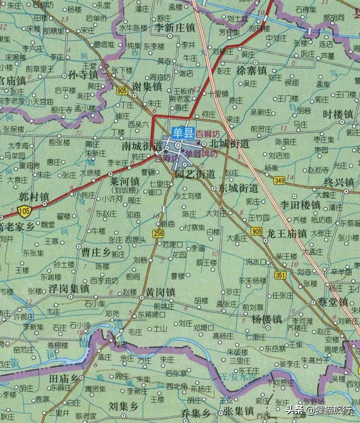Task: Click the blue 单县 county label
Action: (x=183, y=132)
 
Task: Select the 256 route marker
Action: (x=159, y=233)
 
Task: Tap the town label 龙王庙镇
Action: (x=287, y=234)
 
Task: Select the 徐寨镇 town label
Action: (x=251, y=70)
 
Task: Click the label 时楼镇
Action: (x=338, y=114)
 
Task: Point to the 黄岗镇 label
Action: (x=160, y=292)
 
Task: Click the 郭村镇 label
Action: (x=34, y=197)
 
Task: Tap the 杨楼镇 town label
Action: (x=267, y=319)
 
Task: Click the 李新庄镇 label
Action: (x=175, y=27)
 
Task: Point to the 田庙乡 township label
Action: (x=63, y=379)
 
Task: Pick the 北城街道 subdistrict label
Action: (x=229, y=144)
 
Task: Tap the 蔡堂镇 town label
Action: (x=333, y=302)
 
